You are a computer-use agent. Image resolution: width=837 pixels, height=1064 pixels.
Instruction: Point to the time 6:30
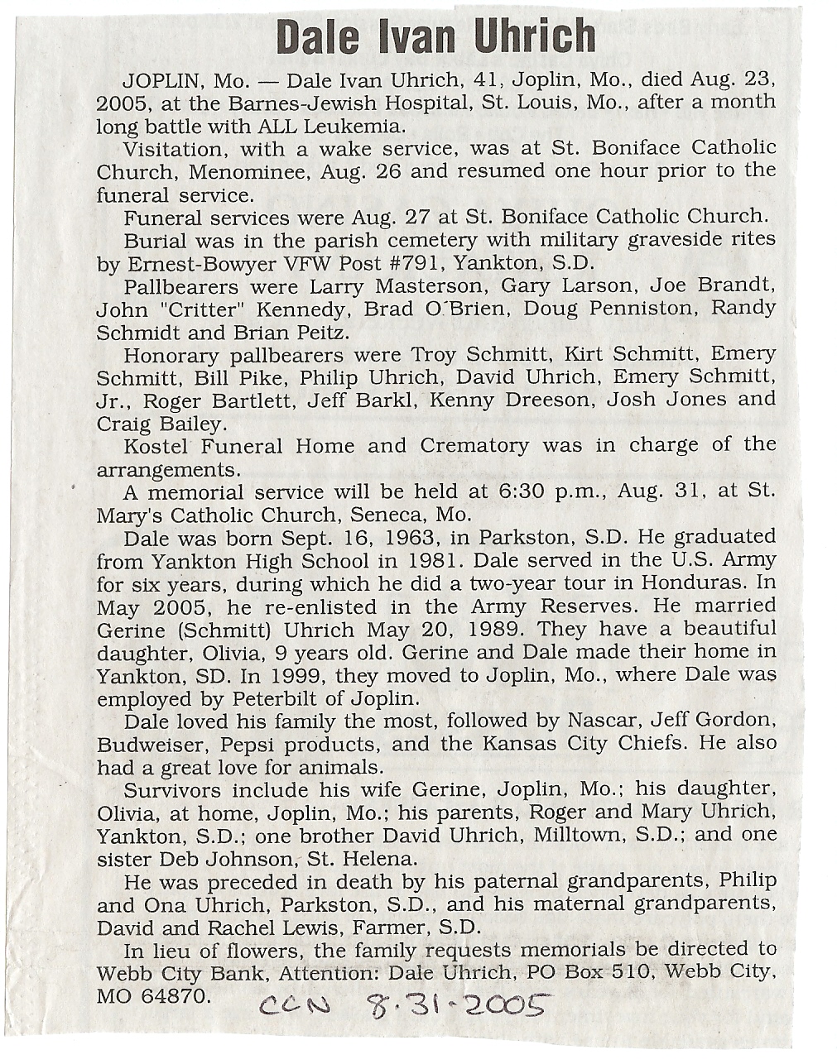click(x=522, y=491)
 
